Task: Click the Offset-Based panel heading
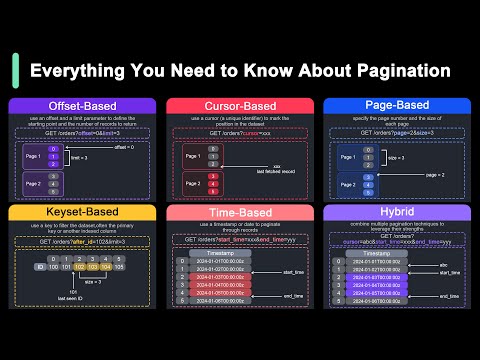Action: click(x=79, y=105)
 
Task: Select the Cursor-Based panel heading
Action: click(x=240, y=105)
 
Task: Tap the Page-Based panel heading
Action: click(x=400, y=105)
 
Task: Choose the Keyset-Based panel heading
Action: click(x=79, y=212)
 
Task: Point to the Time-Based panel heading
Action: click(x=240, y=212)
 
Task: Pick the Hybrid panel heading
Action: click(x=400, y=212)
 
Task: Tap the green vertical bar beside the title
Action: click(x=14, y=71)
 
